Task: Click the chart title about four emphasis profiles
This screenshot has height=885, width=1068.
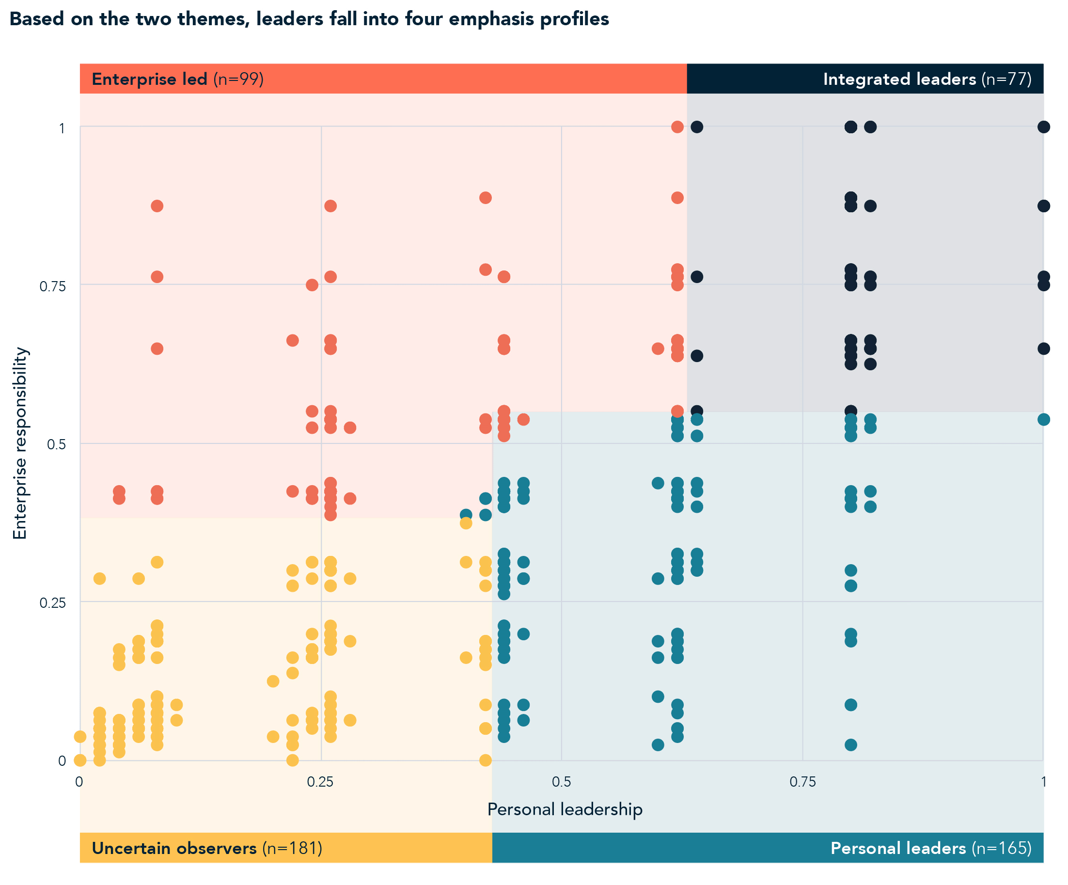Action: [x=309, y=19]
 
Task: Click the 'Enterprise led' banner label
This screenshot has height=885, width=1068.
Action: [x=149, y=79]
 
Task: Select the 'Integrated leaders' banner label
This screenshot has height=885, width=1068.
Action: [x=899, y=79]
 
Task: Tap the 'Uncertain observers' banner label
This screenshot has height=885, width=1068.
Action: [x=174, y=848]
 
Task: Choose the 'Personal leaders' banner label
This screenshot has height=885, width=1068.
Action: [x=897, y=848]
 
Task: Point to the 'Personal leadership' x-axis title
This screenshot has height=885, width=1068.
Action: [x=565, y=809]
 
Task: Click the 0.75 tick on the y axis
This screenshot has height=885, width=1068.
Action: [x=53, y=286]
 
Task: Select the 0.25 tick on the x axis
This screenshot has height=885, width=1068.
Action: [x=320, y=782]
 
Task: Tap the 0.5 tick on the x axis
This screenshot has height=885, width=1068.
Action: [x=562, y=782]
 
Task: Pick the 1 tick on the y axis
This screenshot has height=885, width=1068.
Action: [x=62, y=128]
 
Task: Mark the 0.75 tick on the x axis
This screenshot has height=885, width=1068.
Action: [x=802, y=782]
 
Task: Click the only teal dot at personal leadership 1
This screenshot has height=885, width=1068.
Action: [x=1043, y=420]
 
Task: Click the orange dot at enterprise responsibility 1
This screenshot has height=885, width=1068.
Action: [x=677, y=127]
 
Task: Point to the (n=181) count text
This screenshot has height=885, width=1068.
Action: [x=292, y=848]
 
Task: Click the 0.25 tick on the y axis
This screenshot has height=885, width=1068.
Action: [x=53, y=603]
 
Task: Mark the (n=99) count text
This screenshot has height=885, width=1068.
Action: [x=238, y=79]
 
